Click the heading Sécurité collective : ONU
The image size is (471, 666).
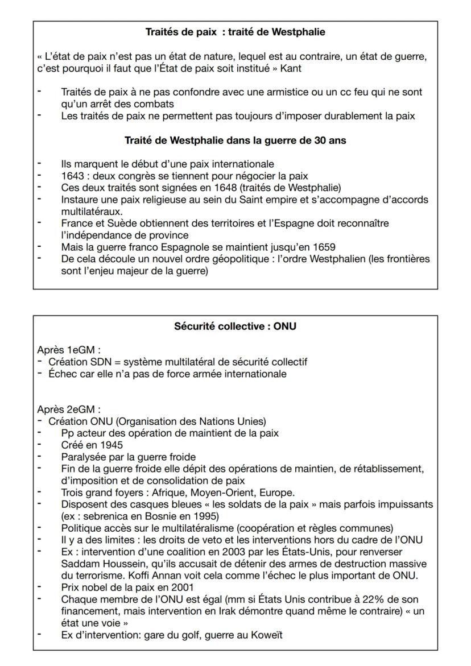click(235, 326)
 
